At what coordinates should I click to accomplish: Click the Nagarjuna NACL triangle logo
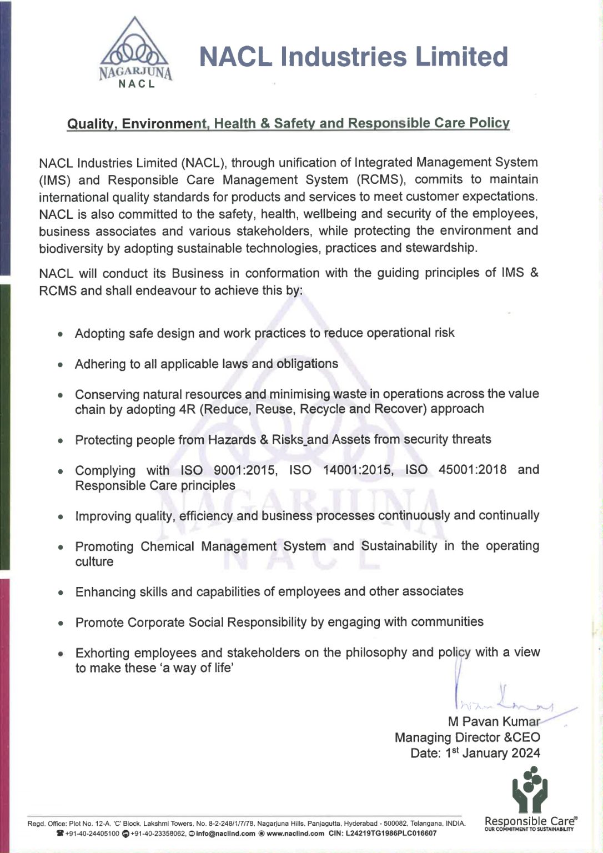click(135, 53)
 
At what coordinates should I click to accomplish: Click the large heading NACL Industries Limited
click(353, 57)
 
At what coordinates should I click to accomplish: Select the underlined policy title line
click(288, 123)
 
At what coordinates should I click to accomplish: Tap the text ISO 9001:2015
click(228, 470)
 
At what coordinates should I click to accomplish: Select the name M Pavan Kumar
click(494, 721)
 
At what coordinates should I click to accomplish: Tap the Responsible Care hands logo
click(530, 789)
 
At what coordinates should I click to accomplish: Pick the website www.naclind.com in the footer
click(295, 834)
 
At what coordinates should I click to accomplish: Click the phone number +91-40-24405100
click(92, 834)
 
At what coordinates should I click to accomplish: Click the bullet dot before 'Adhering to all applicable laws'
click(61, 365)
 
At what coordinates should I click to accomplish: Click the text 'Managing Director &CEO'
click(467, 737)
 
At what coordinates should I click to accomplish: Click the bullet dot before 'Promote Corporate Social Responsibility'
click(61, 624)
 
